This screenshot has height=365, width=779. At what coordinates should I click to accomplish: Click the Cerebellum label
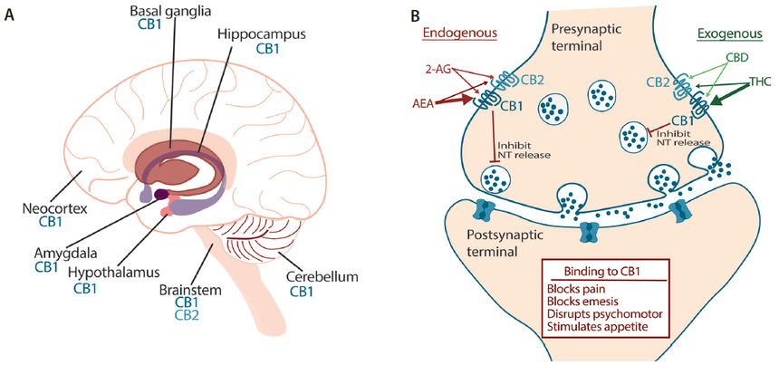tap(313, 276)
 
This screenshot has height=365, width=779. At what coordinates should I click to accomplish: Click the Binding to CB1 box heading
tap(606, 271)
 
